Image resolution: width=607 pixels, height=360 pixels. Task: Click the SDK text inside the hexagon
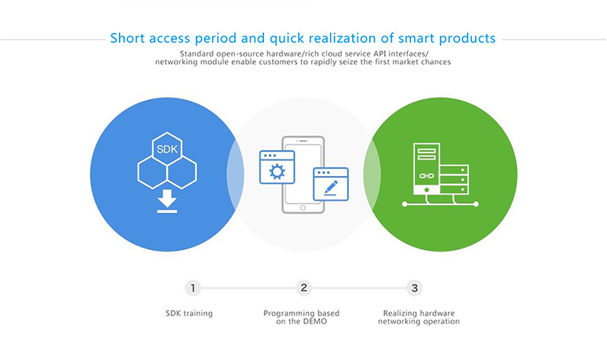(x=167, y=149)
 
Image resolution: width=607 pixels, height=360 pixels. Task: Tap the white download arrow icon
(x=167, y=201)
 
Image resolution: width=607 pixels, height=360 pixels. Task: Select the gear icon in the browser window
(x=277, y=172)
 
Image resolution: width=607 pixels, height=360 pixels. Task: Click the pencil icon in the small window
(x=331, y=188)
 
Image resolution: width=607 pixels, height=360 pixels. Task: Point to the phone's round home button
(x=303, y=208)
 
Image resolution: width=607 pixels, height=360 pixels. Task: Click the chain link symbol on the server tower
(x=426, y=175)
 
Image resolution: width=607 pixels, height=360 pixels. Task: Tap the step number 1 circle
(x=193, y=288)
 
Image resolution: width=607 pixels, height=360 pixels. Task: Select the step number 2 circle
(x=303, y=288)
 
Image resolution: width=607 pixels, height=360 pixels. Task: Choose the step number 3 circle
(x=414, y=288)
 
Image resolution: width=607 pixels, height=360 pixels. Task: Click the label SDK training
(x=189, y=313)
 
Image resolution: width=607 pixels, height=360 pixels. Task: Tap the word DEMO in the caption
(x=315, y=321)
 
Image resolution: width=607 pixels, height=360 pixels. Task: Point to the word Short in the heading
(x=127, y=38)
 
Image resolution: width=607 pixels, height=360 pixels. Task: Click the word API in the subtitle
(x=389, y=53)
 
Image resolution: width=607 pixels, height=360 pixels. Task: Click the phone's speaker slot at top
(x=303, y=140)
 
